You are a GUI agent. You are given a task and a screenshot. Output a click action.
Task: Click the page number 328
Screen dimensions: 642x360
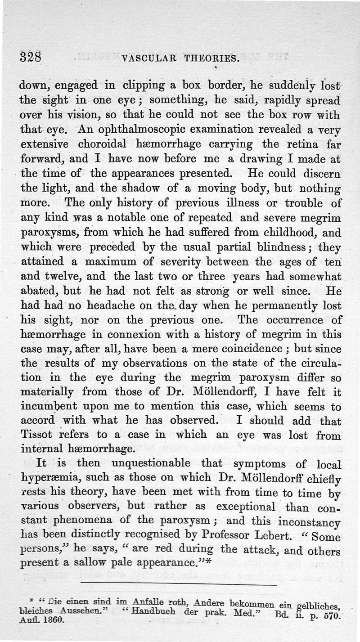(31, 58)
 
